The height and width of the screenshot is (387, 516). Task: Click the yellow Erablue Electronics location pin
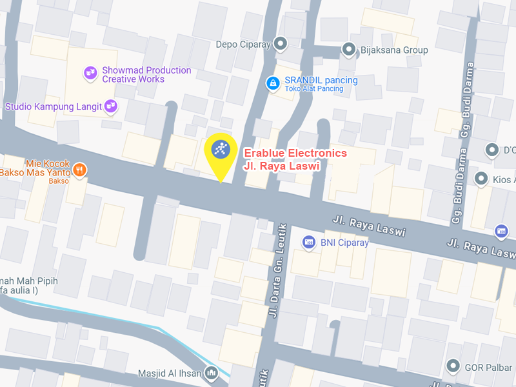point(221,152)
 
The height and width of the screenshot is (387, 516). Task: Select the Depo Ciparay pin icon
point(280,44)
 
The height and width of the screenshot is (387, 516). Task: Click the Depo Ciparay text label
point(243,45)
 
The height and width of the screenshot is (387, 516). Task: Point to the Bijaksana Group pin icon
point(349,49)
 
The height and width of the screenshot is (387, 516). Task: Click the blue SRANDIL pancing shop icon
point(273,83)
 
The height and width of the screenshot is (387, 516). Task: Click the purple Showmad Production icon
point(91,74)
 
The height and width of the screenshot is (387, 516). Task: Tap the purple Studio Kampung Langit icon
point(111,106)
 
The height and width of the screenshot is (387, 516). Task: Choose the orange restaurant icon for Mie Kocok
point(80,170)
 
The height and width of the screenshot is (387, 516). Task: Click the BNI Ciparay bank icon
point(309,242)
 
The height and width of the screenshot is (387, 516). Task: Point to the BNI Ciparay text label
point(345,243)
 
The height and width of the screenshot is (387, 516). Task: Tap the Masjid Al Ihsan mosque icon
point(212,373)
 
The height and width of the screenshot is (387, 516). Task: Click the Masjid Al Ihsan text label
point(170,373)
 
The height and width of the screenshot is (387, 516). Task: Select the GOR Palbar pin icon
point(454,367)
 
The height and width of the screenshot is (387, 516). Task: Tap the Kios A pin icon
point(481,178)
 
